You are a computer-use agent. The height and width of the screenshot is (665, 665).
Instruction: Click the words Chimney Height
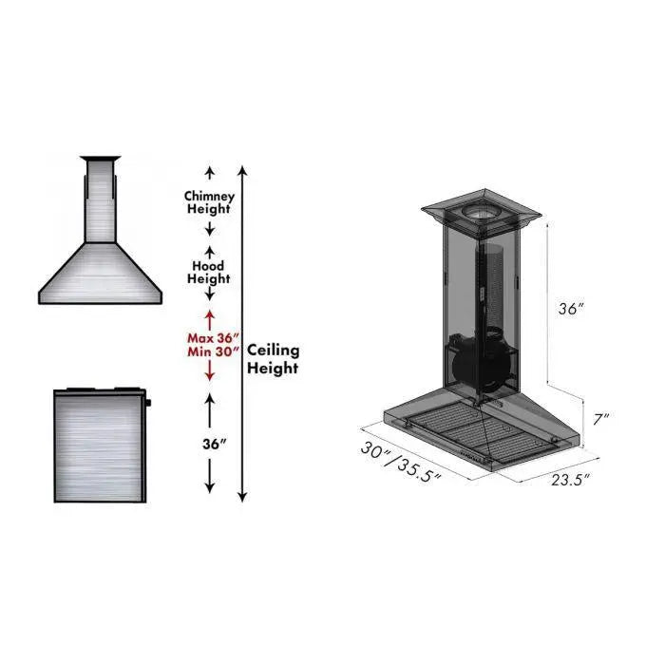pos(209,202)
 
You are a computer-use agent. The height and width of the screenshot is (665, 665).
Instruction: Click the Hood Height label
pos(209,273)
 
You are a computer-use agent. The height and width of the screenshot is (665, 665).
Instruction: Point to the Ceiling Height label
pos(273,359)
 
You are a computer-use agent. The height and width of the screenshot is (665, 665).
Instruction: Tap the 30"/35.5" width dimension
pos(401,463)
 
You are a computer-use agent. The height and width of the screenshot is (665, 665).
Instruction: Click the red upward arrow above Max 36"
pos(209,317)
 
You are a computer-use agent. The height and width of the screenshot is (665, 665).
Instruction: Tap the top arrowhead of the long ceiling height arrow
pos(243,172)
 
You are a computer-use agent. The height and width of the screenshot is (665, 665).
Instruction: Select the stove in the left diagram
pos(100,446)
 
